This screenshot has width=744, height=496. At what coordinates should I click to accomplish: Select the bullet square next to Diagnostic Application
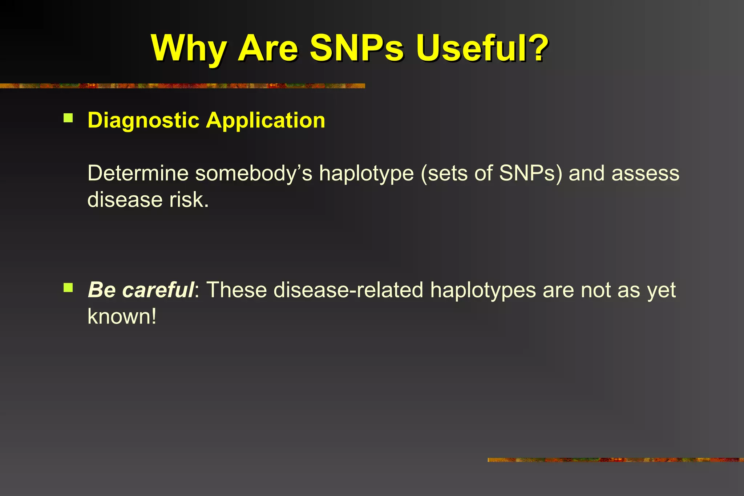(68, 118)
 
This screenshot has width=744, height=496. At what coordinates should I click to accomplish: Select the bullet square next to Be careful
(68, 288)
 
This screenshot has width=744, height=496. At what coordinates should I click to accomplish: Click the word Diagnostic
(143, 121)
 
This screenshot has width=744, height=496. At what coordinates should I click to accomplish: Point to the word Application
(266, 121)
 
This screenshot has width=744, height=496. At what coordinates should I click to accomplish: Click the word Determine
(138, 173)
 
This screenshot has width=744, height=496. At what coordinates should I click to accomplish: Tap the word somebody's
(254, 173)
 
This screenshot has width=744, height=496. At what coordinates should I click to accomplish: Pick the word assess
(645, 173)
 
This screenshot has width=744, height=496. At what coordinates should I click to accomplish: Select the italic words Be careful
(141, 290)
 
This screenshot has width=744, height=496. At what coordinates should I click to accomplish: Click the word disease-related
(348, 290)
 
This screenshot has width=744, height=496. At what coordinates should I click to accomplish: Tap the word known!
(122, 317)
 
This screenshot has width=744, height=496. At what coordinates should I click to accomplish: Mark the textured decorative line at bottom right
(615, 460)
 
